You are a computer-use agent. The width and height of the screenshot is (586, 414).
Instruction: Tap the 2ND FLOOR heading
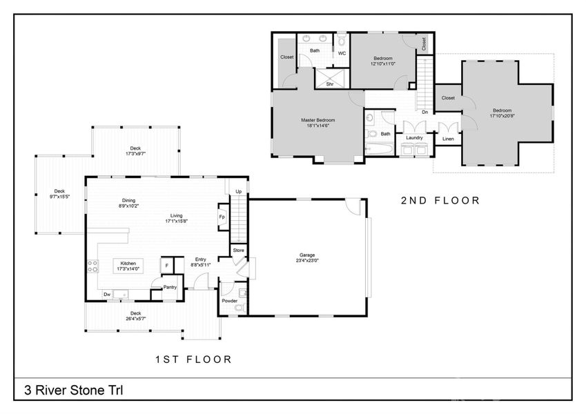click(440, 201)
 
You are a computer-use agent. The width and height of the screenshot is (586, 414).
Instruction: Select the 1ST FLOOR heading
click(193, 359)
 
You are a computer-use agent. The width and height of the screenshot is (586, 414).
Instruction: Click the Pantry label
click(170, 287)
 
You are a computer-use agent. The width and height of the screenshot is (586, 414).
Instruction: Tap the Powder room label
click(229, 301)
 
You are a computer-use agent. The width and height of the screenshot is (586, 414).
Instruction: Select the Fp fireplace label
click(222, 217)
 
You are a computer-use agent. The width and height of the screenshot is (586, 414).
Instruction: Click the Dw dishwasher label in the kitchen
click(107, 295)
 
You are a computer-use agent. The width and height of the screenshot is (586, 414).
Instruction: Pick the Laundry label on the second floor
click(414, 137)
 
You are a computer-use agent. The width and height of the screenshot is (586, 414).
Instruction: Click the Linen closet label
click(448, 139)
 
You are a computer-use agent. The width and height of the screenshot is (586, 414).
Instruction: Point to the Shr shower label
click(330, 83)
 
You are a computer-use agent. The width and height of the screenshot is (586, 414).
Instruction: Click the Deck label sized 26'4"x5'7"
click(135, 315)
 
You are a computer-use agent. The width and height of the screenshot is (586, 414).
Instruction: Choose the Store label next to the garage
click(239, 250)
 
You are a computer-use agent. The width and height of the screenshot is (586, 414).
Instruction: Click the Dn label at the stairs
click(424, 112)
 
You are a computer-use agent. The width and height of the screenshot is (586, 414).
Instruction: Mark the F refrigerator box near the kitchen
click(166, 265)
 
